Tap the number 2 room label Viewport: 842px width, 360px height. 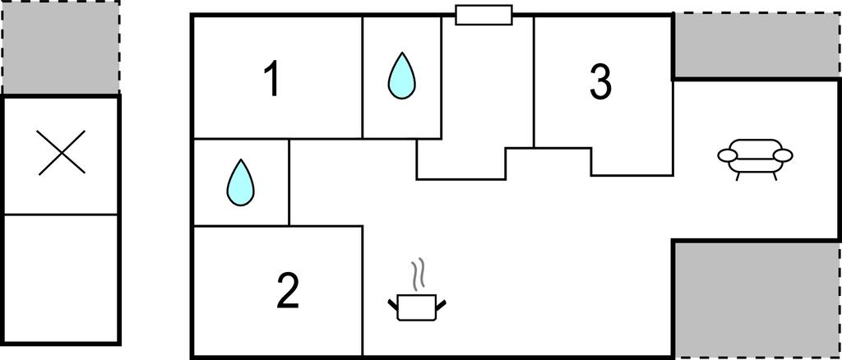point(287,291)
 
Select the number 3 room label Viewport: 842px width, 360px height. point(601,82)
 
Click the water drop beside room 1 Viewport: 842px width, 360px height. point(402,76)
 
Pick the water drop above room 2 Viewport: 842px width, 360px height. point(240,182)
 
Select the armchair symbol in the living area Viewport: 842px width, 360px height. point(755,157)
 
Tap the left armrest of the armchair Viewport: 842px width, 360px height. point(728,155)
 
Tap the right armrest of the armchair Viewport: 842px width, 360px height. point(783,155)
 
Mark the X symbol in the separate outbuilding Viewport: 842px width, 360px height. point(62,155)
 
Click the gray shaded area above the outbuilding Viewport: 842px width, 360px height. point(61,48)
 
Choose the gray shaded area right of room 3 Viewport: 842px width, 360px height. point(756,46)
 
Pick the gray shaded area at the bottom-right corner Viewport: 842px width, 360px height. point(756,298)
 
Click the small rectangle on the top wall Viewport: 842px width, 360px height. point(483,15)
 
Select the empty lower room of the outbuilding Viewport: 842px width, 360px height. point(62,278)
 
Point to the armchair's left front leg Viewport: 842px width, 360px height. point(738,175)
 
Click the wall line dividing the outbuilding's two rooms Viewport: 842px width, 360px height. point(62,215)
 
